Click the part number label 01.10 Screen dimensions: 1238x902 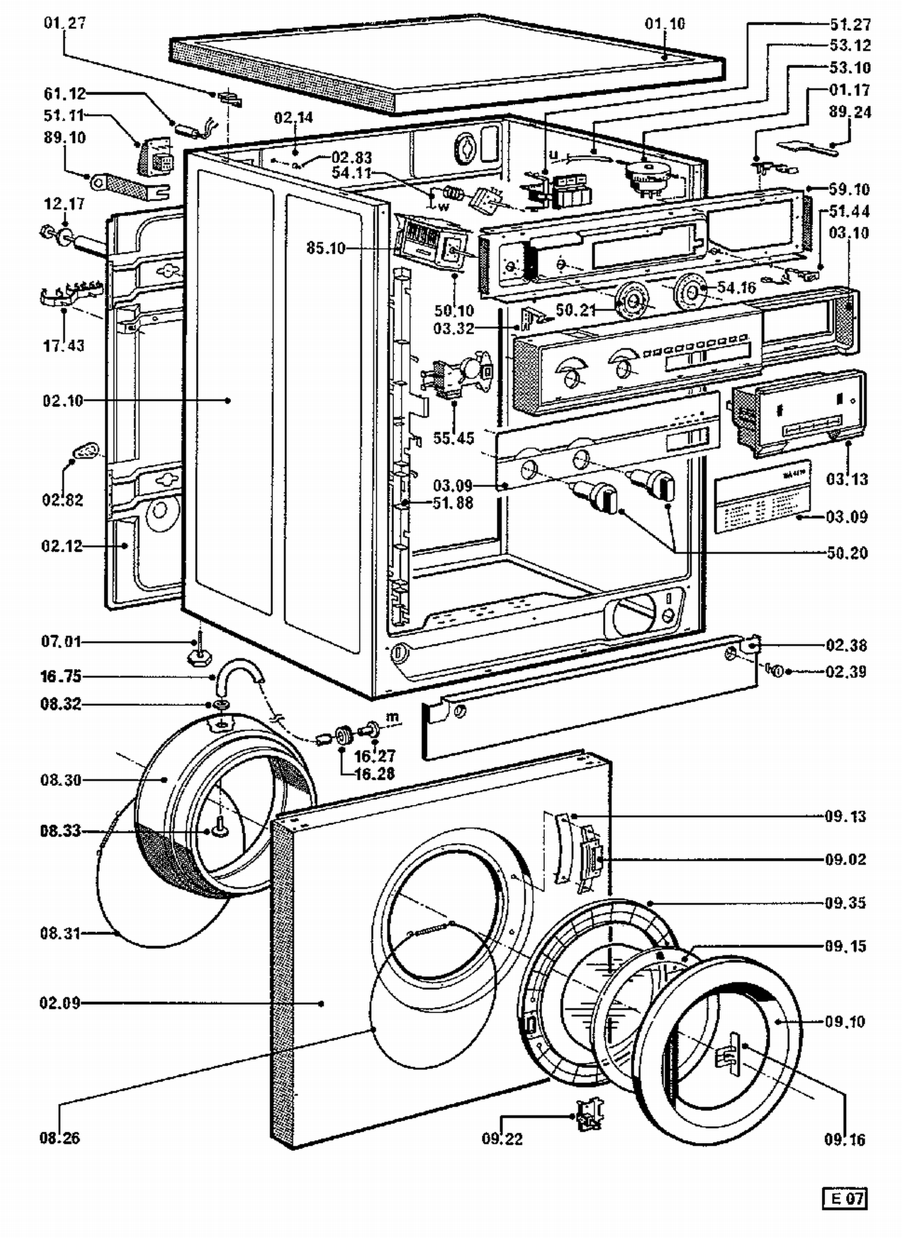pos(664,24)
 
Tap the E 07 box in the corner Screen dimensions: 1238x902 pos(844,1198)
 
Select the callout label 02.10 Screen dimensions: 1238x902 pos(63,400)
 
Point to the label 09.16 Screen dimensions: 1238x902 pos(844,1139)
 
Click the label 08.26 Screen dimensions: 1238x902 pos(60,1138)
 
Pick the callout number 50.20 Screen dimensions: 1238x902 pos(847,553)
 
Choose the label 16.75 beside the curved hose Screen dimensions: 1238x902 pos(61,676)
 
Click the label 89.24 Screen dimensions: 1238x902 pos(850,112)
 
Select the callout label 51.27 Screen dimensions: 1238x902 pos(850,25)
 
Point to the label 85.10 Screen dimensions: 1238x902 pos(326,248)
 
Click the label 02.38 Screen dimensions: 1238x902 pos(845,646)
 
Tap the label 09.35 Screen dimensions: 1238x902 pos(845,902)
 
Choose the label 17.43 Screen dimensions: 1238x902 pos(64,346)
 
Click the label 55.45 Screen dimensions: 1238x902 pos(453,438)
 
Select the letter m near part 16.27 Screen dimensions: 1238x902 pos(392,717)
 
